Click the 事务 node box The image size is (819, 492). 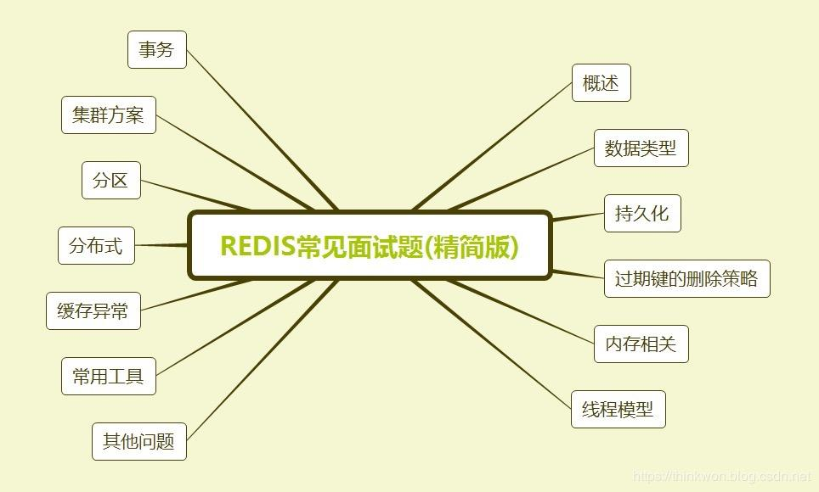(x=157, y=50)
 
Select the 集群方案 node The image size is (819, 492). (x=109, y=115)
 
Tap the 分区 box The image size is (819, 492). (x=111, y=181)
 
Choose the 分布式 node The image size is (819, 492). (x=96, y=246)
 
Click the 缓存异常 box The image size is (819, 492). (x=93, y=311)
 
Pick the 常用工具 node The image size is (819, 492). (x=109, y=377)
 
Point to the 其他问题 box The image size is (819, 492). (x=139, y=442)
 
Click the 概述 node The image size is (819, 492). (x=602, y=83)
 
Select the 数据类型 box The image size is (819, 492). (x=641, y=148)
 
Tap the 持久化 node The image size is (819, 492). (x=642, y=214)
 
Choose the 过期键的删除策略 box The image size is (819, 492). (x=686, y=279)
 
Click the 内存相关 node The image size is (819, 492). (x=641, y=344)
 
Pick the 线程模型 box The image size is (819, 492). (x=618, y=410)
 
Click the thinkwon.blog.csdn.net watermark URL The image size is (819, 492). (x=723, y=478)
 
